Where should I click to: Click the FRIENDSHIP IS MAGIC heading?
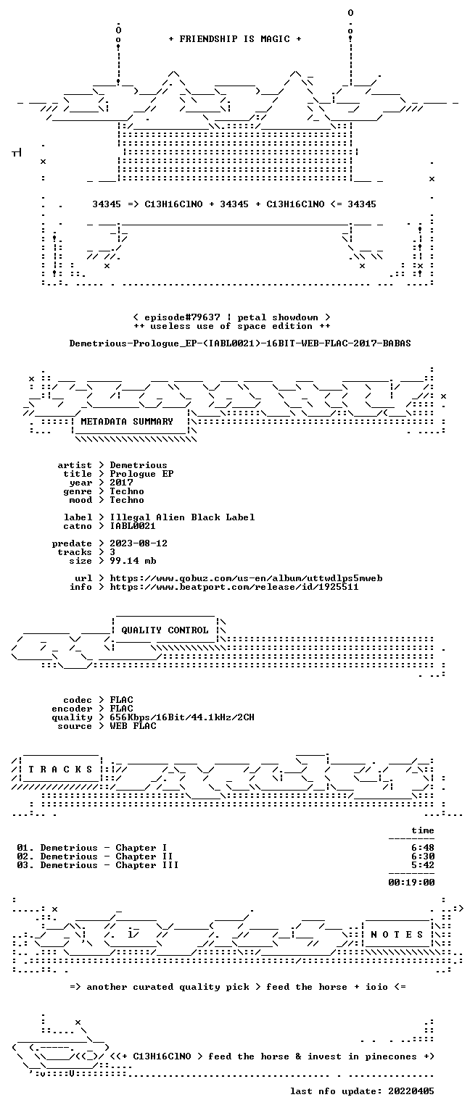pos(235,38)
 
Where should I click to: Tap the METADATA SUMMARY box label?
pos(127,421)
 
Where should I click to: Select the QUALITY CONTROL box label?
pos(165,630)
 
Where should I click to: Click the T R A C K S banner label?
pos(60,769)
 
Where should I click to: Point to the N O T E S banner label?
pos(397,935)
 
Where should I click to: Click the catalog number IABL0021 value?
pos(133,525)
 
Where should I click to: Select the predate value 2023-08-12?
pos(139,543)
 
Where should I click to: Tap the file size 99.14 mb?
pos(133,560)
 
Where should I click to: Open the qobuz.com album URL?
pos(246,578)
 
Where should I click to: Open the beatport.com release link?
pos(234,587)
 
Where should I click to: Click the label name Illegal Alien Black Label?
pos(182,517)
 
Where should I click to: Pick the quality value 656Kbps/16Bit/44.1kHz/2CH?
pos(182,717)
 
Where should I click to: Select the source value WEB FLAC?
pos(133,725)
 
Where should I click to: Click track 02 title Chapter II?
pos(144,856)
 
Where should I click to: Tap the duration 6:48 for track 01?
pos(423,848)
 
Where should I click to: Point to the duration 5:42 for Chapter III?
pos(423,865)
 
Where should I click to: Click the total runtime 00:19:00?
pos(411,883)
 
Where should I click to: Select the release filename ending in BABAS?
pos(240,343)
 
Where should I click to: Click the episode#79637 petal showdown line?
pos(232,317)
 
